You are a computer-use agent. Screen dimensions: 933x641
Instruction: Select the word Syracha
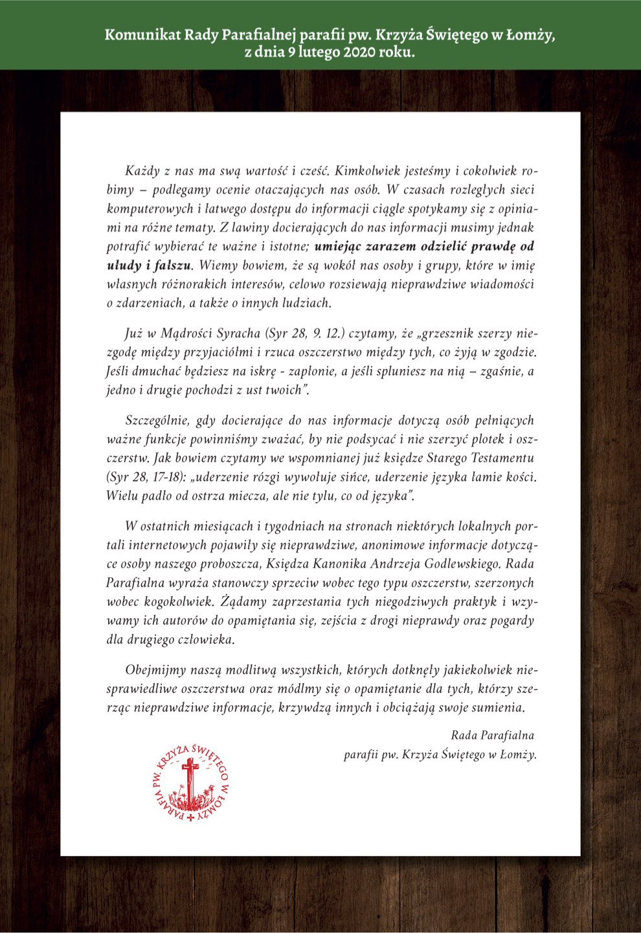click(239, 334)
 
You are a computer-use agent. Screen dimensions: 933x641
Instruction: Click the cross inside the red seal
click(190, 774)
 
